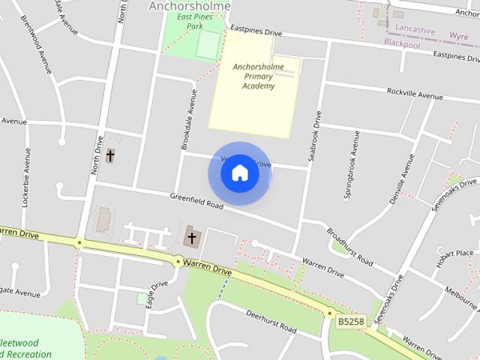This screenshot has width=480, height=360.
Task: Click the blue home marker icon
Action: tap(239, 172)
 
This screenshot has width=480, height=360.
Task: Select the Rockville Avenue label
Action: tap(415, 95)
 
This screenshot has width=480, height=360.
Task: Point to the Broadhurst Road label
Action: tap(350, 245)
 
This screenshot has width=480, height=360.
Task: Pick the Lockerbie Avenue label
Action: tap(28, 177)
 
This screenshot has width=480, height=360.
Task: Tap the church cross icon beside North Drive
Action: tap(110, 156)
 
